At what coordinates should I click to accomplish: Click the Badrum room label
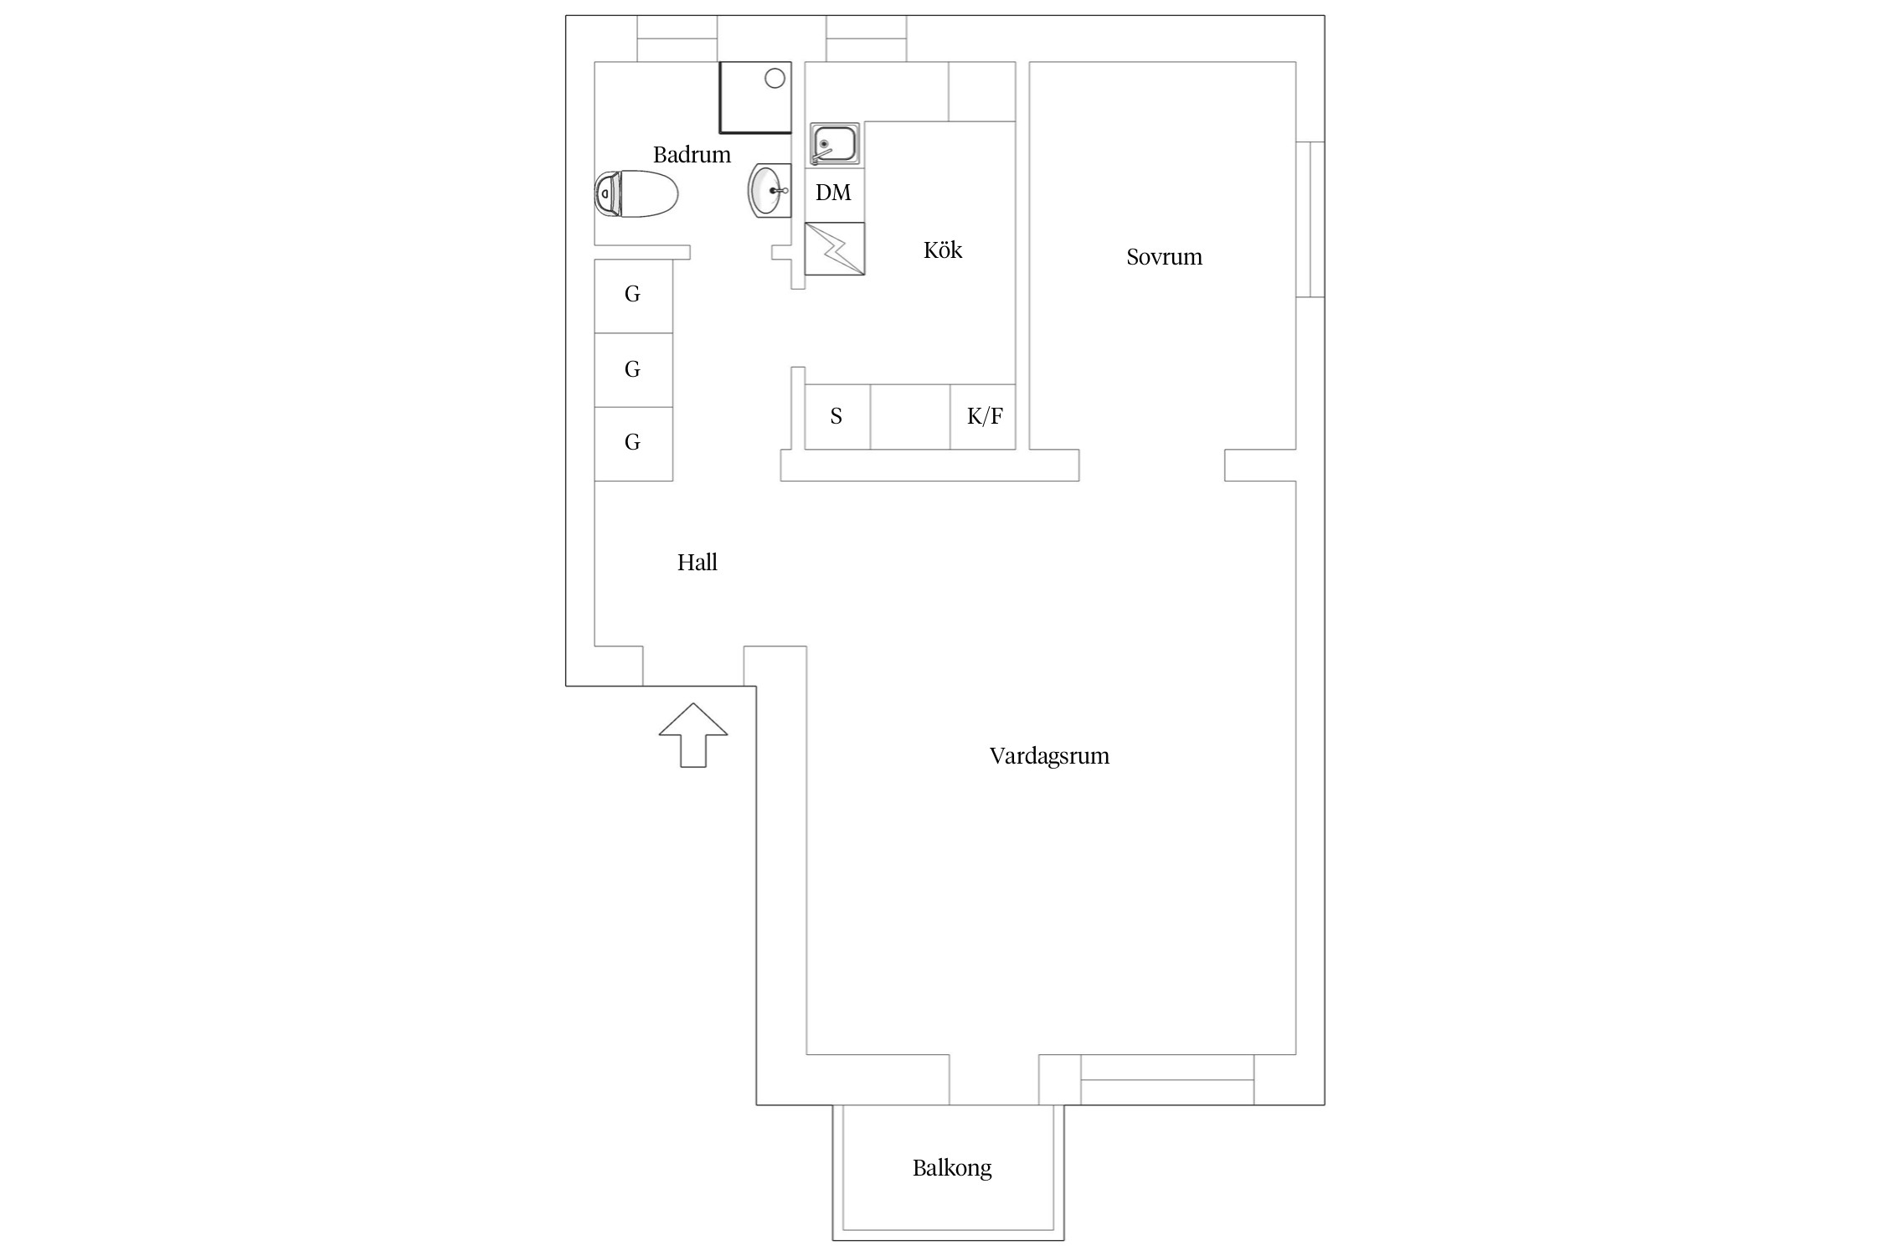[692, 155]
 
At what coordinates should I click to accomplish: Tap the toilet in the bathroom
[636, 194]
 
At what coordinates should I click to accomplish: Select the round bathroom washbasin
[770, 191]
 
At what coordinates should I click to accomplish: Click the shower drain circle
[775, 79]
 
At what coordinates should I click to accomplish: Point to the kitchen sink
[834, 145]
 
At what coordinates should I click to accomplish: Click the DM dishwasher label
[833, 193]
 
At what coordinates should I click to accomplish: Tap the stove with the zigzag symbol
[835, 249]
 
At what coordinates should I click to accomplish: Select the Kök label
[943, 250]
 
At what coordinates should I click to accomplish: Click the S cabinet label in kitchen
[836, 416]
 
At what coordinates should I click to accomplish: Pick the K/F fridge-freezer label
[985, 416]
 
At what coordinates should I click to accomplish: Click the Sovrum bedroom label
[1164, 257]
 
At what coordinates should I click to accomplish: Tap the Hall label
[697, 563]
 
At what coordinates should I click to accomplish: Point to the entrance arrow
[693, 735]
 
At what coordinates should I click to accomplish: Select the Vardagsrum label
[1049, 756]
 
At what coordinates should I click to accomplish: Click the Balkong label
[952, 1168]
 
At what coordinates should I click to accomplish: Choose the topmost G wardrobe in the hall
[633, 296]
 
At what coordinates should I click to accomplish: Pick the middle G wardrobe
[633, 370]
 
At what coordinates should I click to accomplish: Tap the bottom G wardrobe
[633, 444]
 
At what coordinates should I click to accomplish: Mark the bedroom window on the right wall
[1310, 219]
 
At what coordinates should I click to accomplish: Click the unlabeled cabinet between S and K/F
[910, 417]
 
